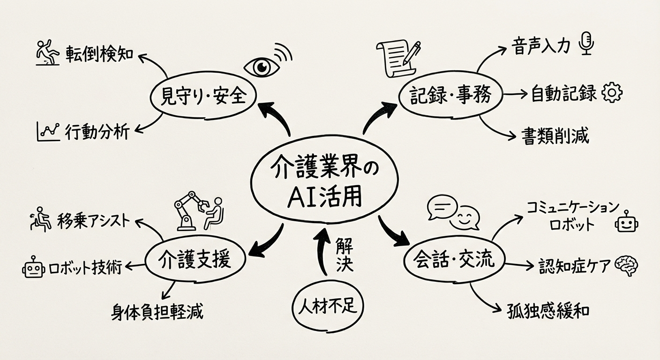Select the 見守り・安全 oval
pos(203,97)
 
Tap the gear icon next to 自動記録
pos(611,93)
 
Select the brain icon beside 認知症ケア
pos(627,266)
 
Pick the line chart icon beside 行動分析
pos(47,132)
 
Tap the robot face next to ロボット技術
pos(34,268)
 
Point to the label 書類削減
pos(555,136)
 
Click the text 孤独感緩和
pos(548,311)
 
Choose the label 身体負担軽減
pos(157,311)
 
